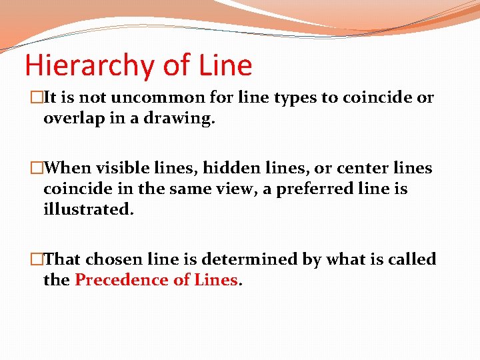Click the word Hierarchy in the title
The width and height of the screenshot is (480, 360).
[x=89, y=66]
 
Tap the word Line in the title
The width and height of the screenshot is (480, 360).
[x=225, y=65]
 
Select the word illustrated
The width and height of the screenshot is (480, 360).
[x=88, y=210]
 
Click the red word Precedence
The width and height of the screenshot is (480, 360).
[x=121, y=280]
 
